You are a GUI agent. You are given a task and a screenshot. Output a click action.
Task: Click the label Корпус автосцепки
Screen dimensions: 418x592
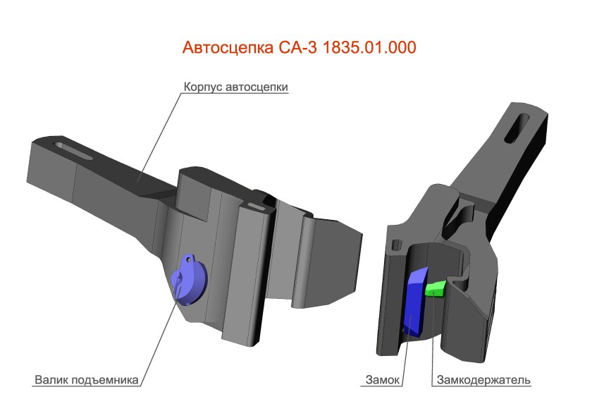click(x=236, y=87)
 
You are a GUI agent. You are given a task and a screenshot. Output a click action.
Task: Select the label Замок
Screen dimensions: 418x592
click(x=383, y=381)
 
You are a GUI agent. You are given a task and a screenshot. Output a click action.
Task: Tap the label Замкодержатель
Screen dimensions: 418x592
click(x=483, y=381)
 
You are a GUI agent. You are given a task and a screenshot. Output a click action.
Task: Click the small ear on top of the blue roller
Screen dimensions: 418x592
click(x=188, y=259)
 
